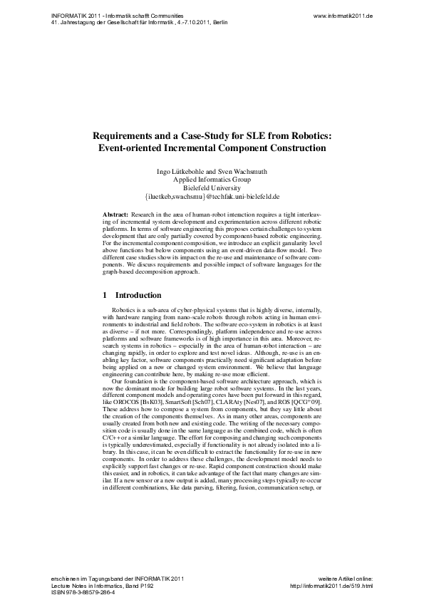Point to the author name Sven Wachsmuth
237,172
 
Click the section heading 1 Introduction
132,295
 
